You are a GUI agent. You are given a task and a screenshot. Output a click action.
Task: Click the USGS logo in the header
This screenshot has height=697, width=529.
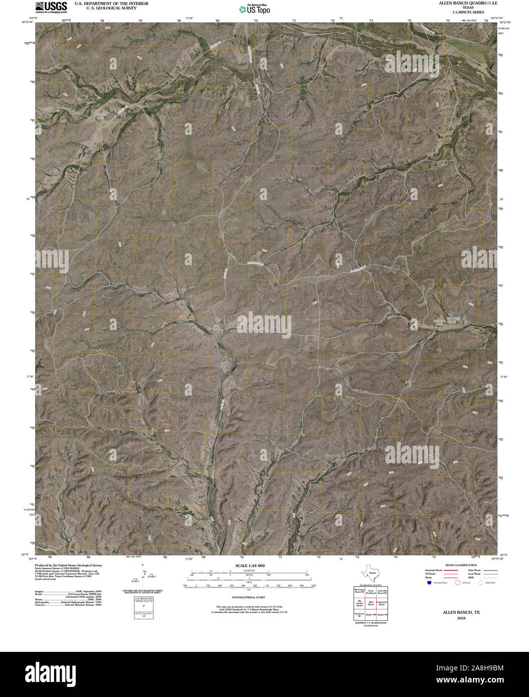51,7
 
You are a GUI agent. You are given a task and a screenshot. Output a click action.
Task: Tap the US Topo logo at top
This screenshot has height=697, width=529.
255,9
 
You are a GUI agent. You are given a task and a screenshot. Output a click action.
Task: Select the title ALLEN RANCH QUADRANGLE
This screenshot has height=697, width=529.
455,3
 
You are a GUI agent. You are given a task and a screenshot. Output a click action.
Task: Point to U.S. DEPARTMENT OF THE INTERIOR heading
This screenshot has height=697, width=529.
111,3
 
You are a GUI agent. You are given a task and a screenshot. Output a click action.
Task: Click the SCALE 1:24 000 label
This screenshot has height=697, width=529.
250,565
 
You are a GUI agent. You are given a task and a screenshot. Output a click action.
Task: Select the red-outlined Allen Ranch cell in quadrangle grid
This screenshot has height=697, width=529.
371,603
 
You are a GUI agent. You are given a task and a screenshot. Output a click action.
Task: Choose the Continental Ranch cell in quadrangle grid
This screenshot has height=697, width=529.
382,603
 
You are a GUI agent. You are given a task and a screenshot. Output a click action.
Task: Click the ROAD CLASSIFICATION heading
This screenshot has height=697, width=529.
457,565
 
